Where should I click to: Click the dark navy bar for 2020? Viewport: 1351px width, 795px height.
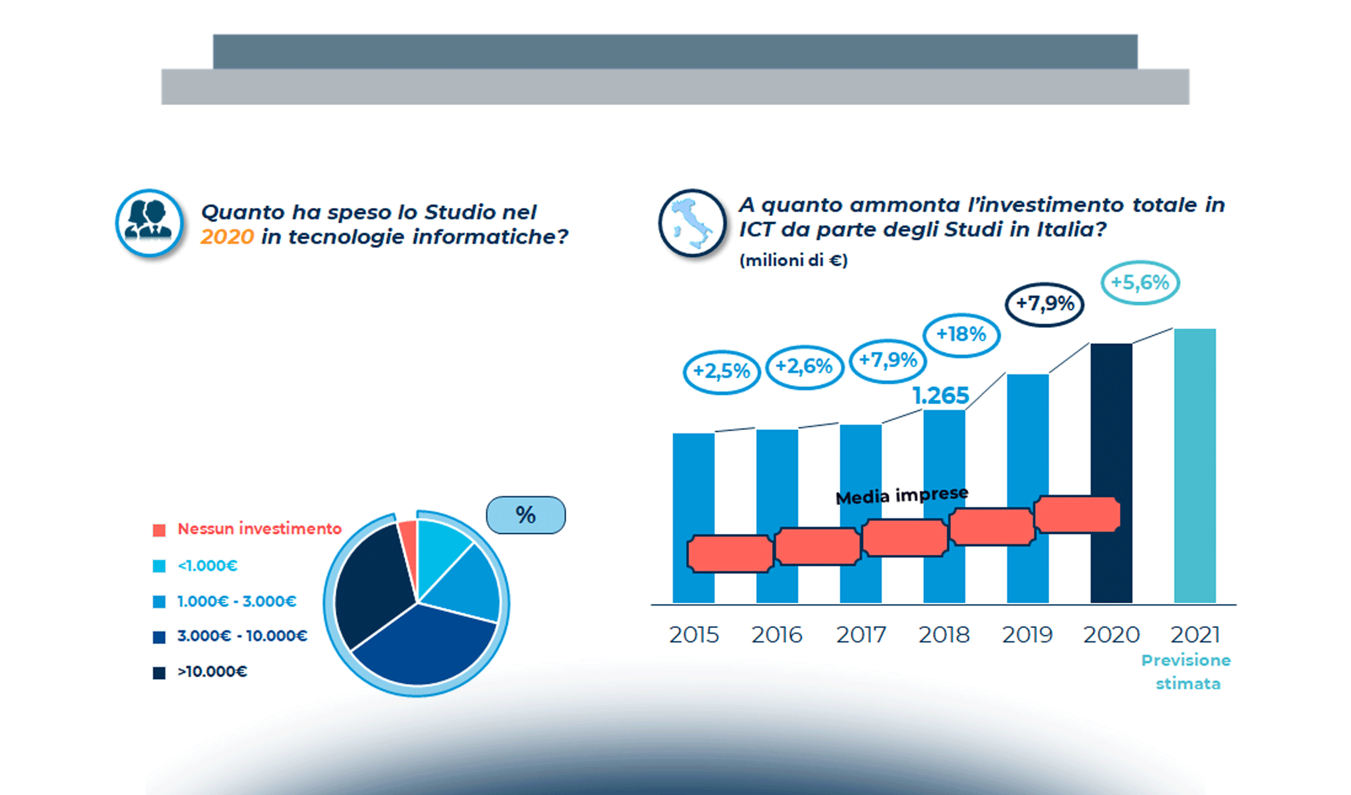(1111, 473)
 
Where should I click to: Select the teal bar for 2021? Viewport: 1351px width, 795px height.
(1195, 466)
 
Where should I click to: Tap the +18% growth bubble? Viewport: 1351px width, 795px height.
(962, 335)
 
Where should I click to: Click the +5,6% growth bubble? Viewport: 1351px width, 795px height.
(1140, 283)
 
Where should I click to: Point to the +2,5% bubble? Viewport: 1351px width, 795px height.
(721, 372)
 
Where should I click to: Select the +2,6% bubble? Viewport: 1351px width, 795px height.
(804, 367)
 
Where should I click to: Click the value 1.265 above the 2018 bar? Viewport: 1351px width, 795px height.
(940, 396)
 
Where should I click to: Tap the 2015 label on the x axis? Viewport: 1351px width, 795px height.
(693, 635)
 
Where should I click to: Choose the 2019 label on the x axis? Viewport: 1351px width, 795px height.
(1027, 635)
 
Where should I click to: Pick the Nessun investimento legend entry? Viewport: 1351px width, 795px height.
(247, 529)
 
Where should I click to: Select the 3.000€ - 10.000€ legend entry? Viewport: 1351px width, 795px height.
(230, 636)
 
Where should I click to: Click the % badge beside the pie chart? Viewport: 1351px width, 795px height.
(526, 515)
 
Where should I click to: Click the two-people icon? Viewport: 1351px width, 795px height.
(150, 223)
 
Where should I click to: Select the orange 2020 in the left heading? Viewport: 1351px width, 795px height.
(227, 237)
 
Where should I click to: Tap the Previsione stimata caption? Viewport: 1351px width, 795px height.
(1187, 672)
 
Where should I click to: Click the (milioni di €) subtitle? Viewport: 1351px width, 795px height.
(793, 260)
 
